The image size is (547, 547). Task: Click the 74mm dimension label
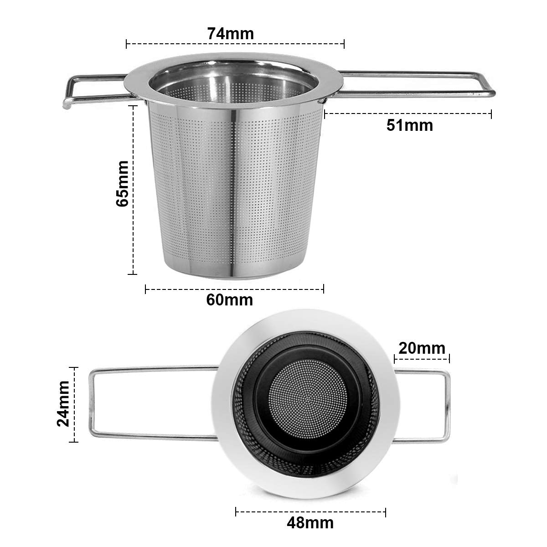coord(230,33)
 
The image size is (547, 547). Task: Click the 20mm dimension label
coord(422,348)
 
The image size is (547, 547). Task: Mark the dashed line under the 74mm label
coord(235,44)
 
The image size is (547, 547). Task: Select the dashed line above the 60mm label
coord(234,289)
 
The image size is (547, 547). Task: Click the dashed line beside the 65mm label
coord(133,189)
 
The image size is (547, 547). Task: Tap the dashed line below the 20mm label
coord(422,359)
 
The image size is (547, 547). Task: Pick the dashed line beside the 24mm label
coord(74,404)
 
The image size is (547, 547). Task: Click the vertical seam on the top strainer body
coord(234,191)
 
